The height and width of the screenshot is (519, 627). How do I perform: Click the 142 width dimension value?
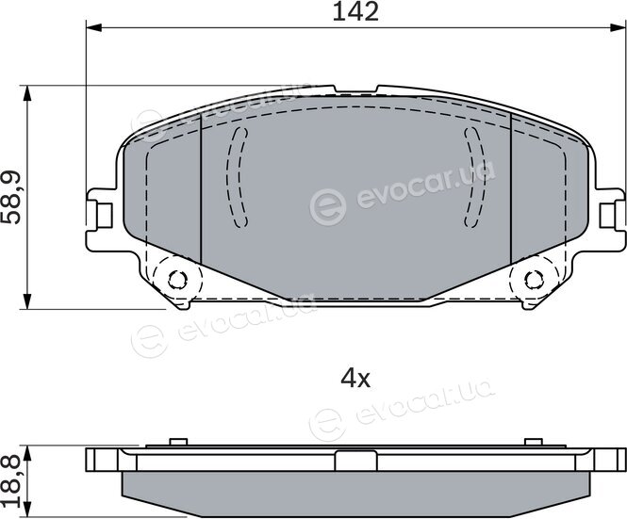click(355, 11)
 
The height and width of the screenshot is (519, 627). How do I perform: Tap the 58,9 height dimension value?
click(10, 198)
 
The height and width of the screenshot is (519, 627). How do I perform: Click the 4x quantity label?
click(355, 379)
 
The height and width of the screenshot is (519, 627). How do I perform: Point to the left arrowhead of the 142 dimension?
click(94, 27)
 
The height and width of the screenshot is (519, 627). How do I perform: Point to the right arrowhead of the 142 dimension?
click(617, 27)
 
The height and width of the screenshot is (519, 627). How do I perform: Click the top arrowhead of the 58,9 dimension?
click(26, 93)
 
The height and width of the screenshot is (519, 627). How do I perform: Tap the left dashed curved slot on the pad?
click(237, 177)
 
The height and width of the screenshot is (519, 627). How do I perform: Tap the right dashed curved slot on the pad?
click(474, 177)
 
